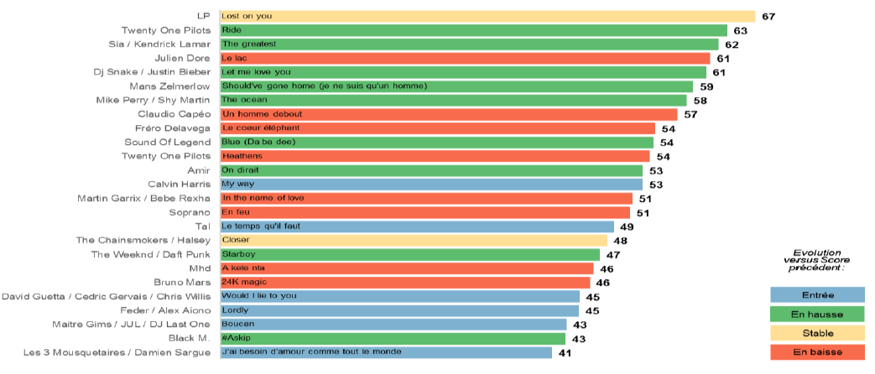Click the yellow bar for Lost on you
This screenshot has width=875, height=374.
pos(487,16)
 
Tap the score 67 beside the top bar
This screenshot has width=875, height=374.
pos(769,16)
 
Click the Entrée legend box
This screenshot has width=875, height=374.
pos(817,294)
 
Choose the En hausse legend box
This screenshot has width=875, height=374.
pos(817,314)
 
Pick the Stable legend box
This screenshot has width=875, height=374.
pos(817,333)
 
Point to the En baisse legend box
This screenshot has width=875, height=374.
pos(817,352)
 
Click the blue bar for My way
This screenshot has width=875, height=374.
pos(430,184)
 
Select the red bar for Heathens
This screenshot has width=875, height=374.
pos(434,156)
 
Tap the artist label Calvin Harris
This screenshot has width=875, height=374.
pos(179,184)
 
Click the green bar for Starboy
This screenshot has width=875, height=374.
pos(409,254)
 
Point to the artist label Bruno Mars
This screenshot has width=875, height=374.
pos(182,283)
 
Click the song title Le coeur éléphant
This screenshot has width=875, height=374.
pos(260,128)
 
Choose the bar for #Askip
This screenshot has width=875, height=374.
pos(392,339)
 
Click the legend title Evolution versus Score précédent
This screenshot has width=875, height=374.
pos(817,260)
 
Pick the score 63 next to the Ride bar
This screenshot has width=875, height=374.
pos(741,30)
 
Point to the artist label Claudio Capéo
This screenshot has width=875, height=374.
pos(173,114)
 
